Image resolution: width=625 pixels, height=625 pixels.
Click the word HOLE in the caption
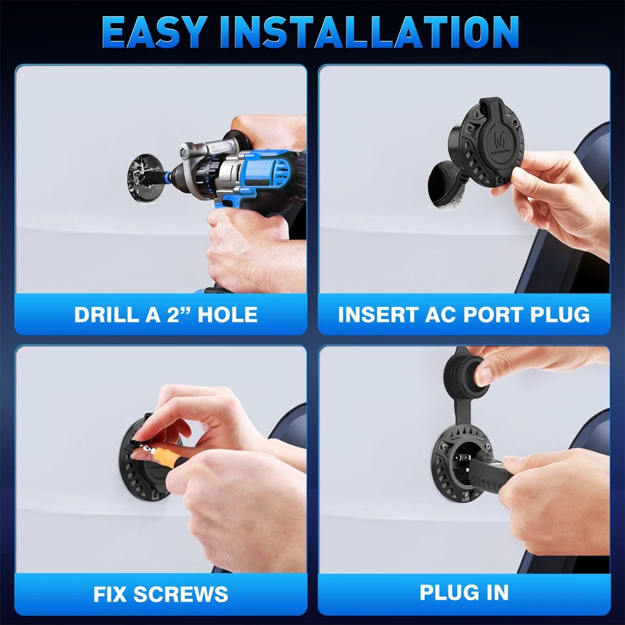(227, 315)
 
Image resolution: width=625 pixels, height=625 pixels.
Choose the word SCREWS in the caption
(188, 594)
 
